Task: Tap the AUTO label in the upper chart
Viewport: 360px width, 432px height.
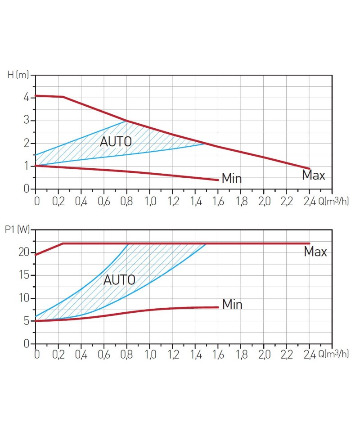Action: [x=116, y=141]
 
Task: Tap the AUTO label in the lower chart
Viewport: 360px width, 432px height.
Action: [x=119, y=279]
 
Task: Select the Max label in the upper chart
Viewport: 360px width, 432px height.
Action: [x=313, y=175]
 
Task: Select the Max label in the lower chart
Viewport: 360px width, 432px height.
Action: [x=315, y=252]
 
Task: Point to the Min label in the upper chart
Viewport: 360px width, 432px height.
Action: [x=232, y=179]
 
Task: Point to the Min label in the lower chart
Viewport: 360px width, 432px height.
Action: [x=232, y=305]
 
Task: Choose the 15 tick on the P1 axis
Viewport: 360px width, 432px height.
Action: [x=24, y=275]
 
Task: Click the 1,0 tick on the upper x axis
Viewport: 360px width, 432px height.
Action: [x=150, y=200]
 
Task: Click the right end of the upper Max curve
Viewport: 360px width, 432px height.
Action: [x=310, y=168]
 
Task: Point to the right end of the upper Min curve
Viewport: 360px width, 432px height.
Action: [x=218, y=180]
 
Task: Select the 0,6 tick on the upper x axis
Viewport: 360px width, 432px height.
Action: [x=104, y=200]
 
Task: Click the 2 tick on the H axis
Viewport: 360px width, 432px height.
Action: [x=27, y=143]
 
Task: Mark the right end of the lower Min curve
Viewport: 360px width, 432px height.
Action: [x=218, y=307]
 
